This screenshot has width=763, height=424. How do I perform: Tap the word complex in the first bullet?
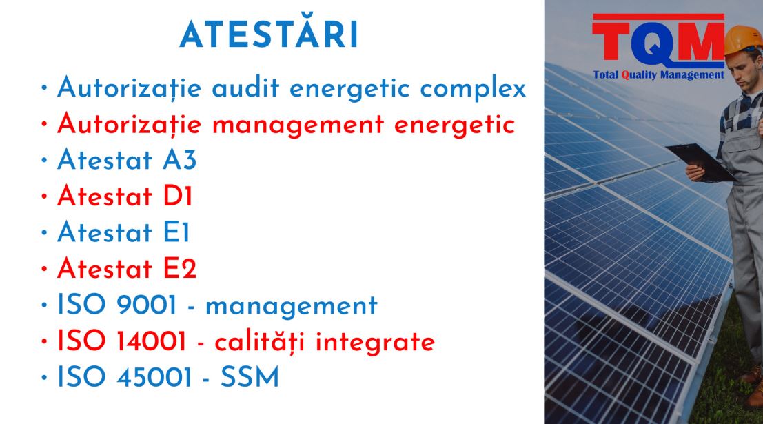(x=473, y=89)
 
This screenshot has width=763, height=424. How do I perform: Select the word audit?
(x=246, y=88)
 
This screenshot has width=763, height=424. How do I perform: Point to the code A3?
(x=180, y=160)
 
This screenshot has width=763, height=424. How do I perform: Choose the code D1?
(x=178, y=196)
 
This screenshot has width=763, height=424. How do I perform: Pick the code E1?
(x=176, y=232)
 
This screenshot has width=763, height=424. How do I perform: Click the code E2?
(x=180, y=268)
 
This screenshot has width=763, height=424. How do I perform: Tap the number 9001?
(x=146, y=305)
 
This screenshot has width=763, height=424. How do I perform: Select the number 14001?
(x=152, y=341)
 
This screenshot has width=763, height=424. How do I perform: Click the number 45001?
(x=154, y=377)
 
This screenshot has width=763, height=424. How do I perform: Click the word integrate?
(x=375, y=341)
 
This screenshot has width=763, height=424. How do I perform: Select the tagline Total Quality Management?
(x=658, y=75)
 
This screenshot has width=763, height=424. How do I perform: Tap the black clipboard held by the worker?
(x=702, y=161)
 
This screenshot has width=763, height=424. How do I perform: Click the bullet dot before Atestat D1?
(x=44, y=196)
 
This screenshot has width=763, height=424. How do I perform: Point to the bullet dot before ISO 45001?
(x=44, y=377)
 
